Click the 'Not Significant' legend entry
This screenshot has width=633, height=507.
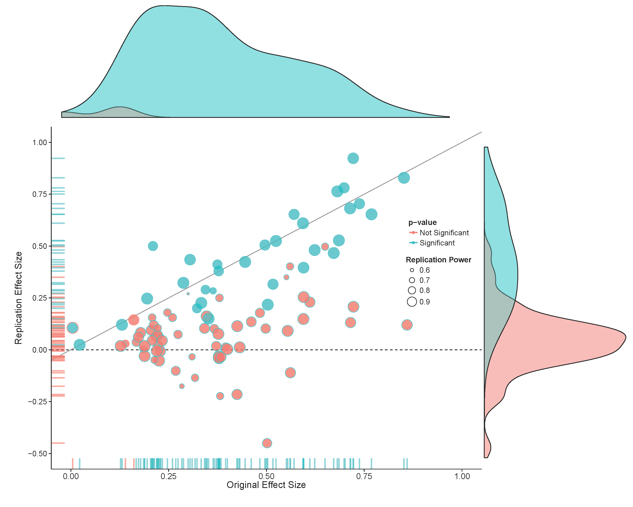pyautogui.click(x=444, y=233)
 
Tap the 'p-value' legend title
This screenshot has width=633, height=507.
pyautogui.click(x=422, y=222)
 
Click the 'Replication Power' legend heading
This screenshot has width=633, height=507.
pyautogui.click(x=438, y=260)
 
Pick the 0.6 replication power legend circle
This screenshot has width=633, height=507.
pyautogui.click(x=412, y=270)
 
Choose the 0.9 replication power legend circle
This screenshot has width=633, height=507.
pyautogui.click(x=412, y=302)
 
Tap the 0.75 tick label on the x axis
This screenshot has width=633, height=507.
pyautogui.click(x=364, y=476)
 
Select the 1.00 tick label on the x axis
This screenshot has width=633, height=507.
pyautogui.click(x=462, y=476)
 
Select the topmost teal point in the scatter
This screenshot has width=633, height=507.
pyautogui.click(x=353, y=158)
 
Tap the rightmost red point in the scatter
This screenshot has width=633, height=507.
pyautogui.click(x=407, y=325)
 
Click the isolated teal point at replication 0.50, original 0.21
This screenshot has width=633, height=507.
pyautogui.click(x=153, y=246)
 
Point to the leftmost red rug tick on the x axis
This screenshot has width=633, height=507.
pyautogui.click(x=73, y=463)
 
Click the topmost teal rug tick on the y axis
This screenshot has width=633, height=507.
pyautogui.click(x=58, y=158)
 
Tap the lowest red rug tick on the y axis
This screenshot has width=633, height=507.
pyautogui.click(x=58, y=443)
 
